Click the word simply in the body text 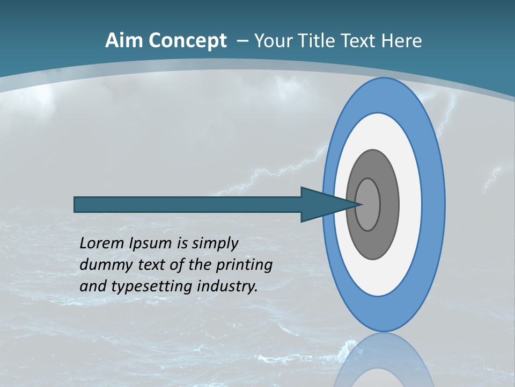(215, 243)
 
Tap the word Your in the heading (271, 41)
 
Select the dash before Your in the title (242, 41)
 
